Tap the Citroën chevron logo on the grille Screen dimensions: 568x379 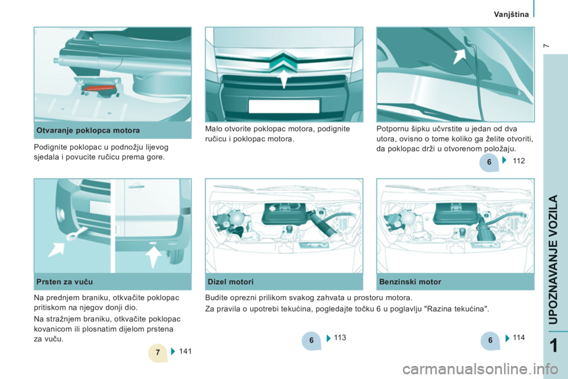[284, 62]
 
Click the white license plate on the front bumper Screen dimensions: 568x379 [284, 106]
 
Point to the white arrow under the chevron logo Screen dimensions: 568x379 [285, 79]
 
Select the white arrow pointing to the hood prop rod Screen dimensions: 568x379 [460, 56]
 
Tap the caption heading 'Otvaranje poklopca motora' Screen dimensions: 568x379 [88, 130]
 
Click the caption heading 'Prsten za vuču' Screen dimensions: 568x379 [64, 282]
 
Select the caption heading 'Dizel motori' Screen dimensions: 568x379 [230, 282]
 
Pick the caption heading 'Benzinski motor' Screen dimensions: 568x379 [410, 282]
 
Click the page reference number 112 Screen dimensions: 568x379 [519, 160]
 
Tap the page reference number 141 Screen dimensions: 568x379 [185, 351]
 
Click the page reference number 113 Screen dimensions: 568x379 [340, 338]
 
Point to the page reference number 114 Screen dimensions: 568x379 [519, 338]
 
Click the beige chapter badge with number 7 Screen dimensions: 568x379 [158, 352]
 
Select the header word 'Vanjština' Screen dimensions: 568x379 [511, 14]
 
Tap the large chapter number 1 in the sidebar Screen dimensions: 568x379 [554, 346]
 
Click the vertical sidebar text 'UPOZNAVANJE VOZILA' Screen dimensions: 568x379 [554, 259]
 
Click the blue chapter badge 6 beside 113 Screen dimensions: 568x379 [311, 341]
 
